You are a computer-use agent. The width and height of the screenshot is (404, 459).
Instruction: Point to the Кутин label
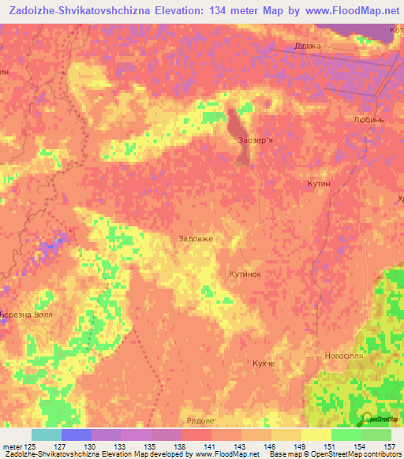318,183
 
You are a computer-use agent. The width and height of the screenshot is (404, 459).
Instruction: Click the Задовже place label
196,238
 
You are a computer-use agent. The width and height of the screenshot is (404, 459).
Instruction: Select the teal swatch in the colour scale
46,435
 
